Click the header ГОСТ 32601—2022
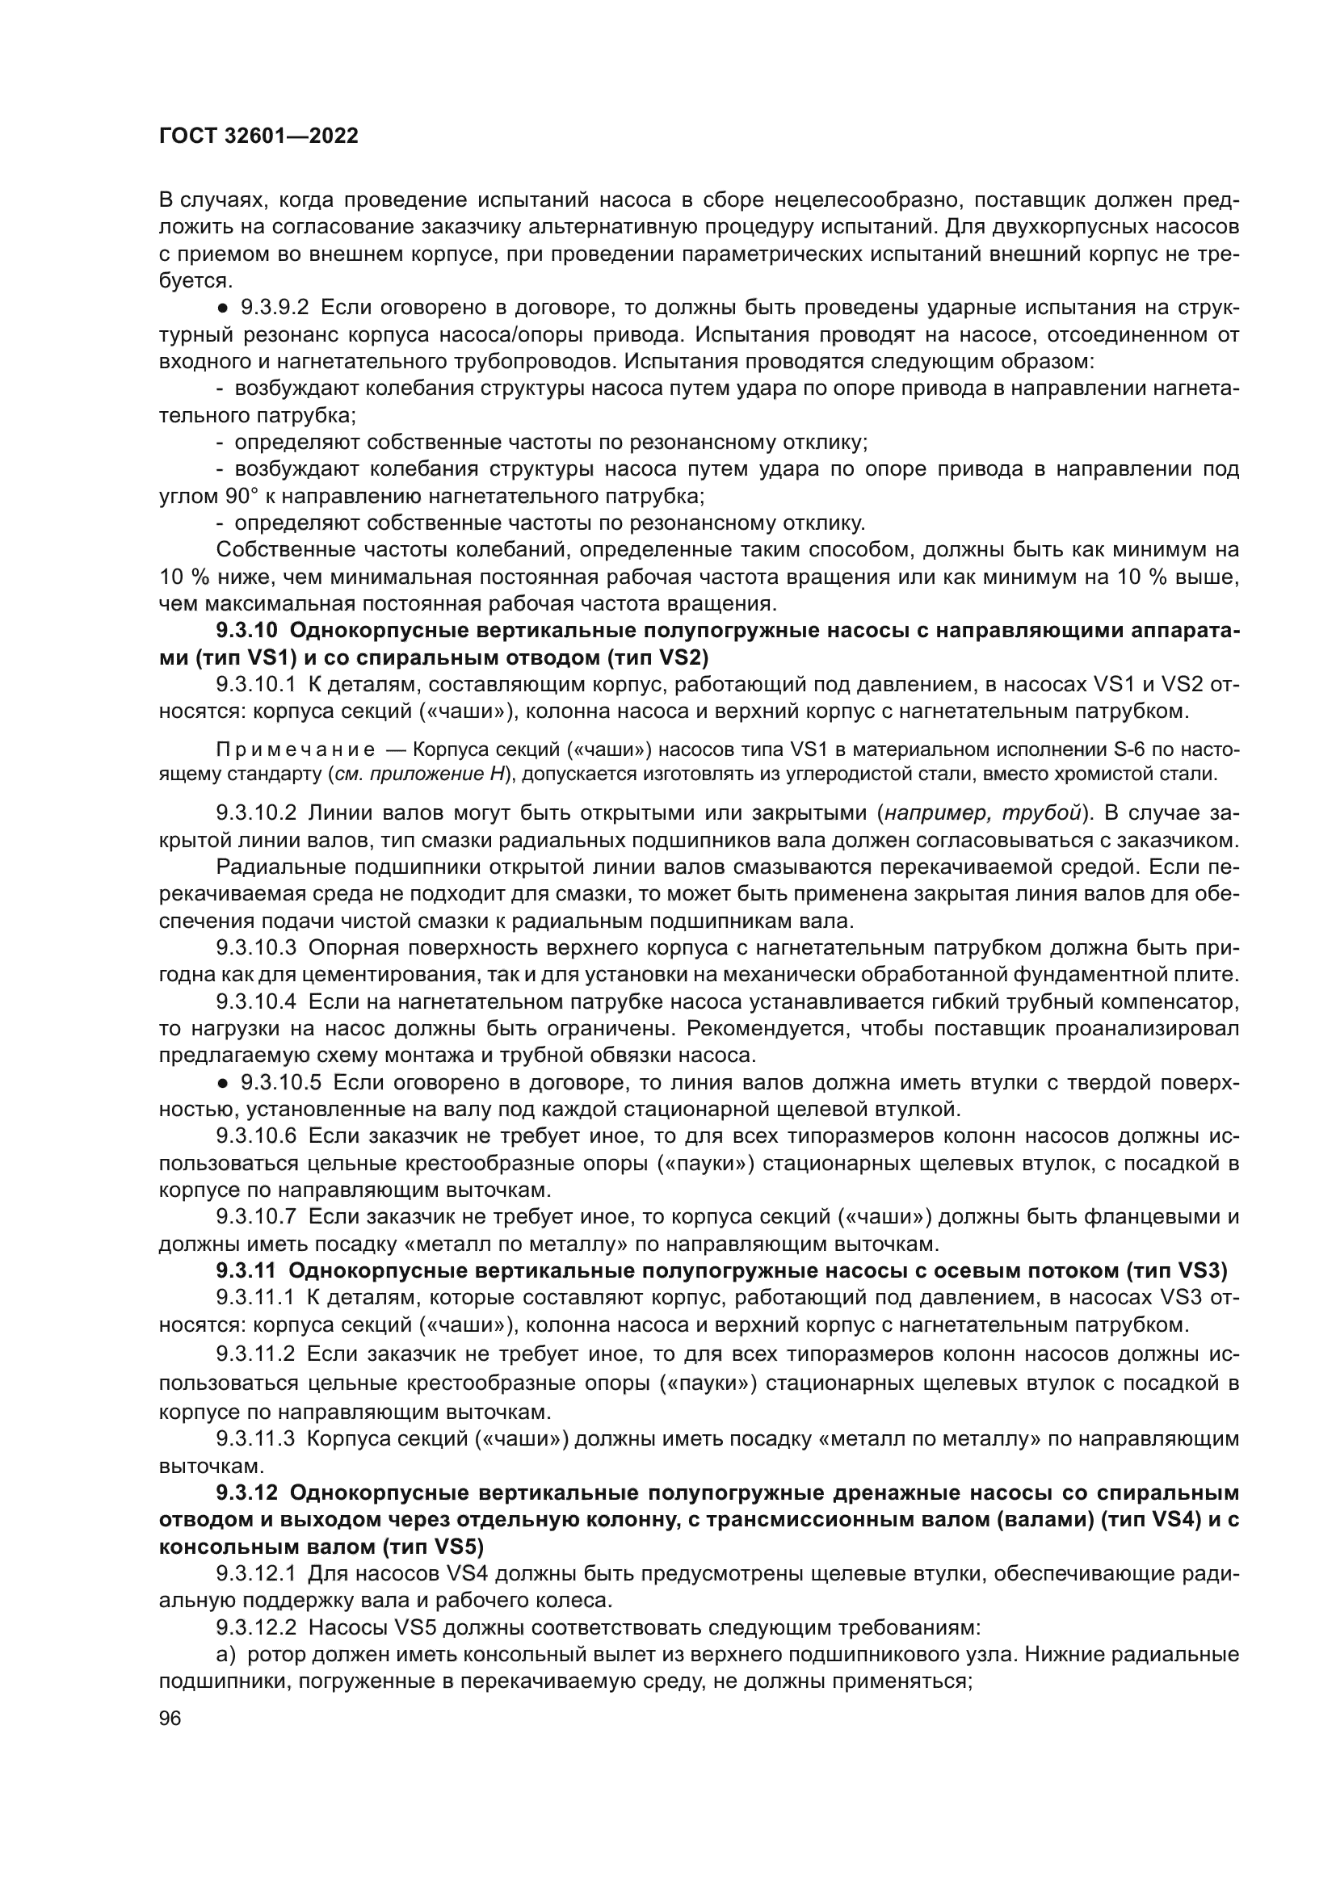(x=258, y=136)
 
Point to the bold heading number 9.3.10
(x=248, y=631)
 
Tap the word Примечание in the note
(x=296, y=749)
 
